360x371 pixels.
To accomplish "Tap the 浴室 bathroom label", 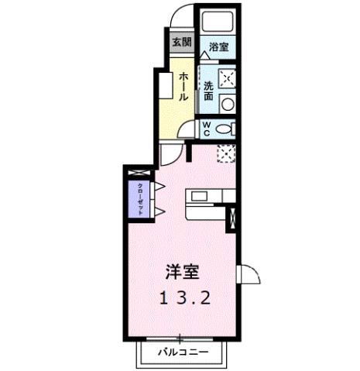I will click(218, 47).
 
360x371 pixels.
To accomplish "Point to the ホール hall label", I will click(183, 87).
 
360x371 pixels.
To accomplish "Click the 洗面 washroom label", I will click(210, 91).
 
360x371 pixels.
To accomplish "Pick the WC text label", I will click(207, 127).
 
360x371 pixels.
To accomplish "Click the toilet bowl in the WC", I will click(224, 129).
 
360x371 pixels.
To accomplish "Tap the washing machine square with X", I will click(227, 78).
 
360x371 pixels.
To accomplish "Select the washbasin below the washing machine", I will click(227, 103).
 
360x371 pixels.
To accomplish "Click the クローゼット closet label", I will click(140, 199).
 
